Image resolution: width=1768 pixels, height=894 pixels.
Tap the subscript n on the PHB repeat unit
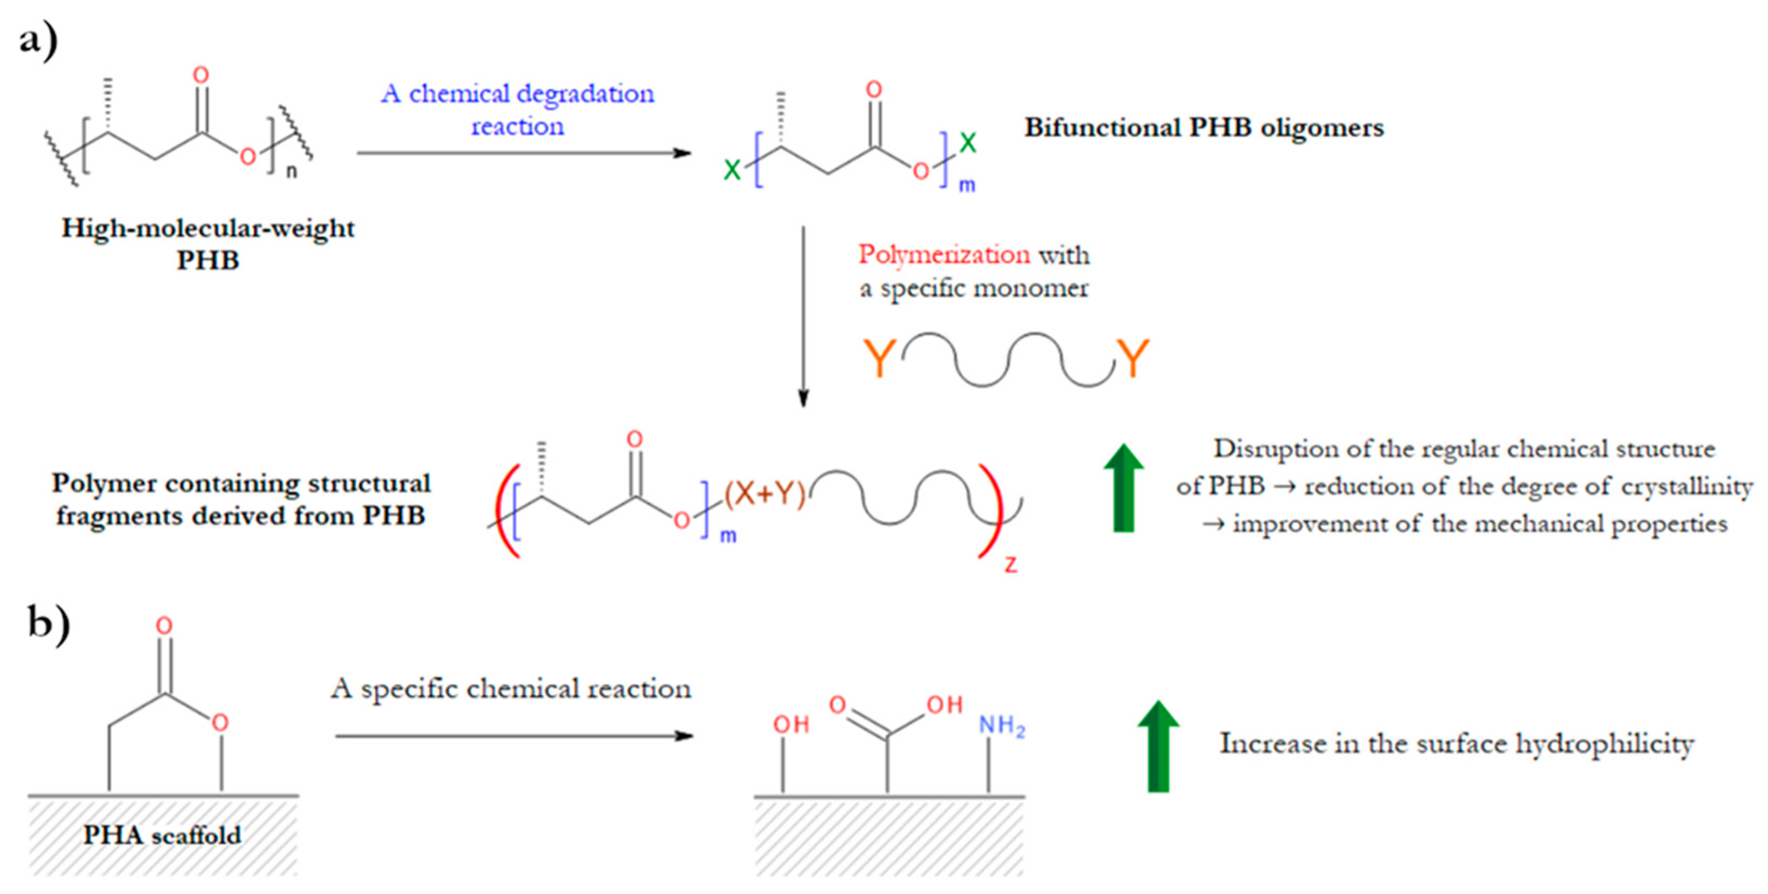(292, 172)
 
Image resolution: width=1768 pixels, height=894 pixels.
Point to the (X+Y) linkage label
(765, 493)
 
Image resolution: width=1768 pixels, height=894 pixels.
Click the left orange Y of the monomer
(879, 357)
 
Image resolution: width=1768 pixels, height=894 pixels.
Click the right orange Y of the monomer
(1132, 357)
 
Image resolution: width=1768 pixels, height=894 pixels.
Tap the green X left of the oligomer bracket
(732, 170)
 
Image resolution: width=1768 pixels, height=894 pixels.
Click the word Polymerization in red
(944, 255)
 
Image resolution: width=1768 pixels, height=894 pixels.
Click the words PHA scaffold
(162, 835)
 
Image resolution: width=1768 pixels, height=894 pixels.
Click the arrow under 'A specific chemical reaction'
(515, 736)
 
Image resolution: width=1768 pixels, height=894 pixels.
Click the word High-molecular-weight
(208, 228)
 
